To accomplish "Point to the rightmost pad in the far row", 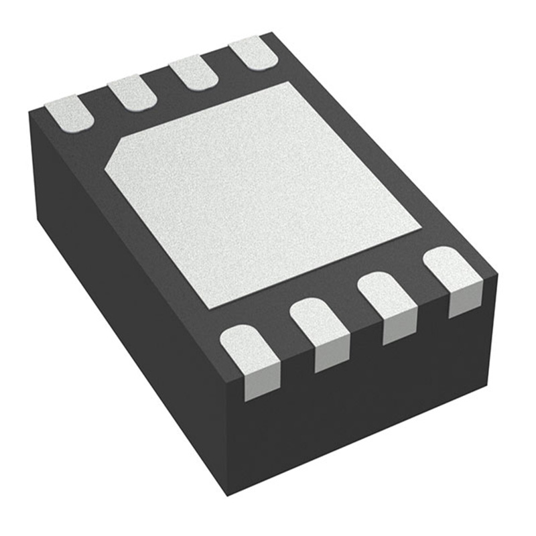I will point(253,54).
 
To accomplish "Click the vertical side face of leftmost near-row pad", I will point(262,385).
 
